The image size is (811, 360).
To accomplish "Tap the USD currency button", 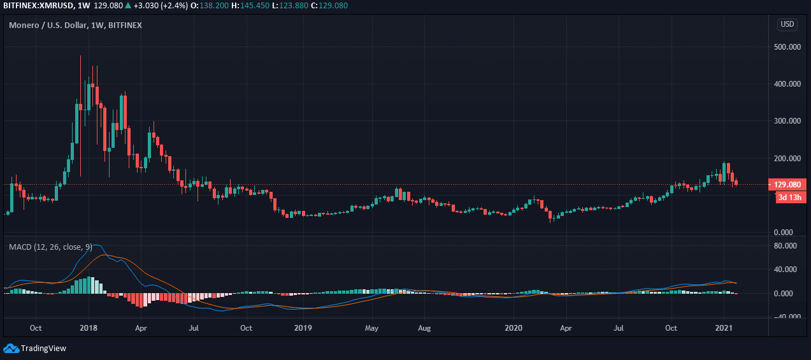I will [x=787, y=25].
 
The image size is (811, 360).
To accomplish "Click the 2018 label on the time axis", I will [x=89, y=329].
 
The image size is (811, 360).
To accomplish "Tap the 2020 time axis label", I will [x=513, y=329].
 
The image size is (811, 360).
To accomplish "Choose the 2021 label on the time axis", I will [x=724, y=329].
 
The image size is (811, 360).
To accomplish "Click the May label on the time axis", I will [x=372, y=329].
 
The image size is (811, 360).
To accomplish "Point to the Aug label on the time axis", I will [x=425, y=329].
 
